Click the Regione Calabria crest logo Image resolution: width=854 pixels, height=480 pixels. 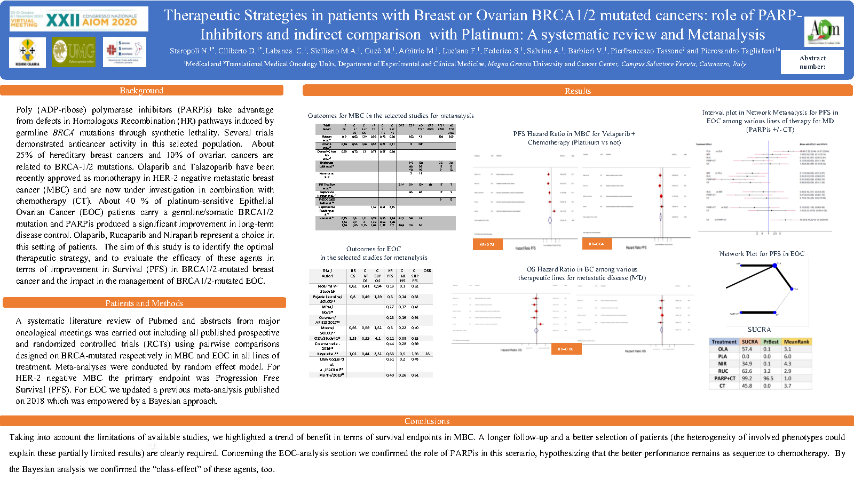pyautogui.click(x=28, y=52)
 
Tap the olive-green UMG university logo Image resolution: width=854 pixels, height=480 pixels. pyautogui.click(x=74, y=52)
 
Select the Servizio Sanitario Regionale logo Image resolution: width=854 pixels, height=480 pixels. pyautogui.click(x=124, y=52)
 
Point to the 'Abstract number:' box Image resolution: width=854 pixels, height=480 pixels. pyautogui.click(x=812, y=62)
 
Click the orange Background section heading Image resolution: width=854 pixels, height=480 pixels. pyautogui.click(x=141, y=91)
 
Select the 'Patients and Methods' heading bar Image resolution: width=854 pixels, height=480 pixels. pyautogui.click(x=144, y=303)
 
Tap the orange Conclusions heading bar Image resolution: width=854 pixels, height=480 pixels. pyautogui.click(x=427, y=421)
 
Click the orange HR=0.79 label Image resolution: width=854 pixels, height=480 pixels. pyautogui.click(x=487, y=244)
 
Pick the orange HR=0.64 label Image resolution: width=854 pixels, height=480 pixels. pyautogui.click(x=596, y=244)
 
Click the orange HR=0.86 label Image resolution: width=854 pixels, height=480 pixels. pyautogui.click(x=566, y=349)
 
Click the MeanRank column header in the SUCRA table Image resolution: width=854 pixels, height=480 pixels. pyautogui.click(x=796, y=342)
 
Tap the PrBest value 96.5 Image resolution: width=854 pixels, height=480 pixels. pyautogui.click(x=769, y=378)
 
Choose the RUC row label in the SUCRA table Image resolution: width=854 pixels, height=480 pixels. pyautogui.click(x=723, y=371)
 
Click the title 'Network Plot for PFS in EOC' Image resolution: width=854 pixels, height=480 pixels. pyautogui.click(x=762, y=254)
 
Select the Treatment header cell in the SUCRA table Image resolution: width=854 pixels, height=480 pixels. pyautogui.click(x=724, y=342)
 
